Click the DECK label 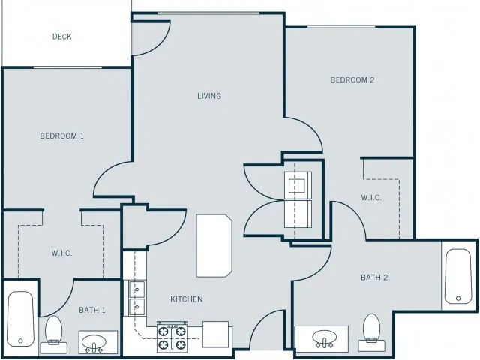[x=61, y=37]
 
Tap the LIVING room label [x=209, y=96]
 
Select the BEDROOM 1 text [x=61, y=136]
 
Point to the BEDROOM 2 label [x=352, y=80]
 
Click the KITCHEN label [x=187, y=298]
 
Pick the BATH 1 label [x=92, y=310]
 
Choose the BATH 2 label [x=374, y=277]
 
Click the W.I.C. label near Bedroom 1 [x=61, y=253]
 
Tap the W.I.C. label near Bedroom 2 [x=371, y=198]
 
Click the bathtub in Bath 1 [x=20, y=319]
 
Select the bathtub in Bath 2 [x=458, y=277]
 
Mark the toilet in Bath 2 [x=372, y=332]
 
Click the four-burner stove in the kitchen [x=172, y=337]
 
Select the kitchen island [x=214, y=246]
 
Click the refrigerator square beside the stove [x=215, y=334]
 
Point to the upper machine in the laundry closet [x=298, y=185]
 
